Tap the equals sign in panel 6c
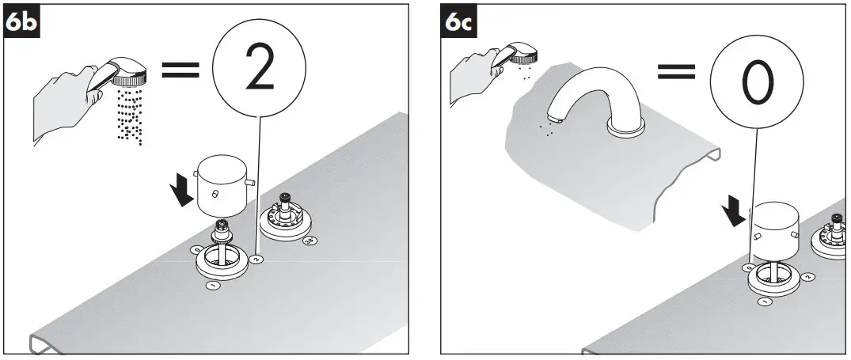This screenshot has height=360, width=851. click(675, 72)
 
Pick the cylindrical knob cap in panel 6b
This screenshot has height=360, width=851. click(221, 186)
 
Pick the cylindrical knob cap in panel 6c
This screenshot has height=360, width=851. click(779, 233)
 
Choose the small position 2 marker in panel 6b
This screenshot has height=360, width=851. click(258, 259)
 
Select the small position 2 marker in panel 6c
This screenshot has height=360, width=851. click(807, 277)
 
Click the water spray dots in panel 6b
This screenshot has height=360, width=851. click(129, 116)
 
